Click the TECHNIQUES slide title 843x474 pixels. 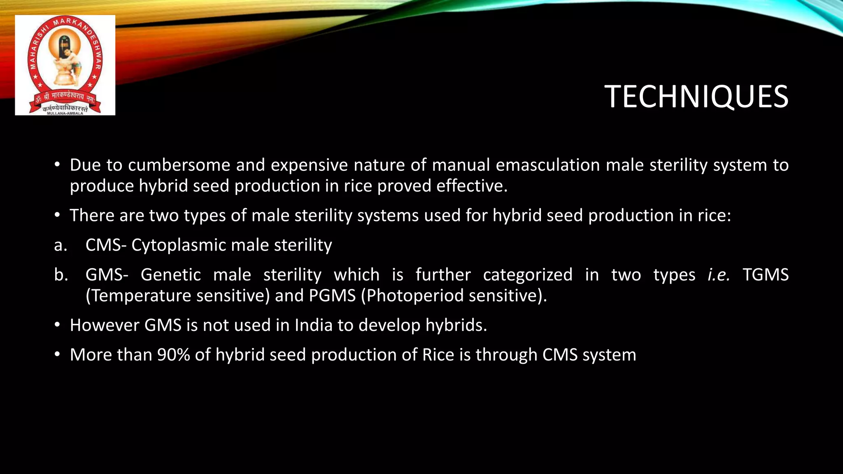[696, 97]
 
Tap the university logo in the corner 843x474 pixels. [65, 65]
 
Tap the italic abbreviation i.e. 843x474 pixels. [718, 275]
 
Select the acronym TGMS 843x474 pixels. [766, 275]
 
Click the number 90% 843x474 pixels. [173, 355]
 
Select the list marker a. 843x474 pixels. [61, 246]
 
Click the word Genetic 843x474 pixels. [170, 275]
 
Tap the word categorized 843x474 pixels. [528, 275]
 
